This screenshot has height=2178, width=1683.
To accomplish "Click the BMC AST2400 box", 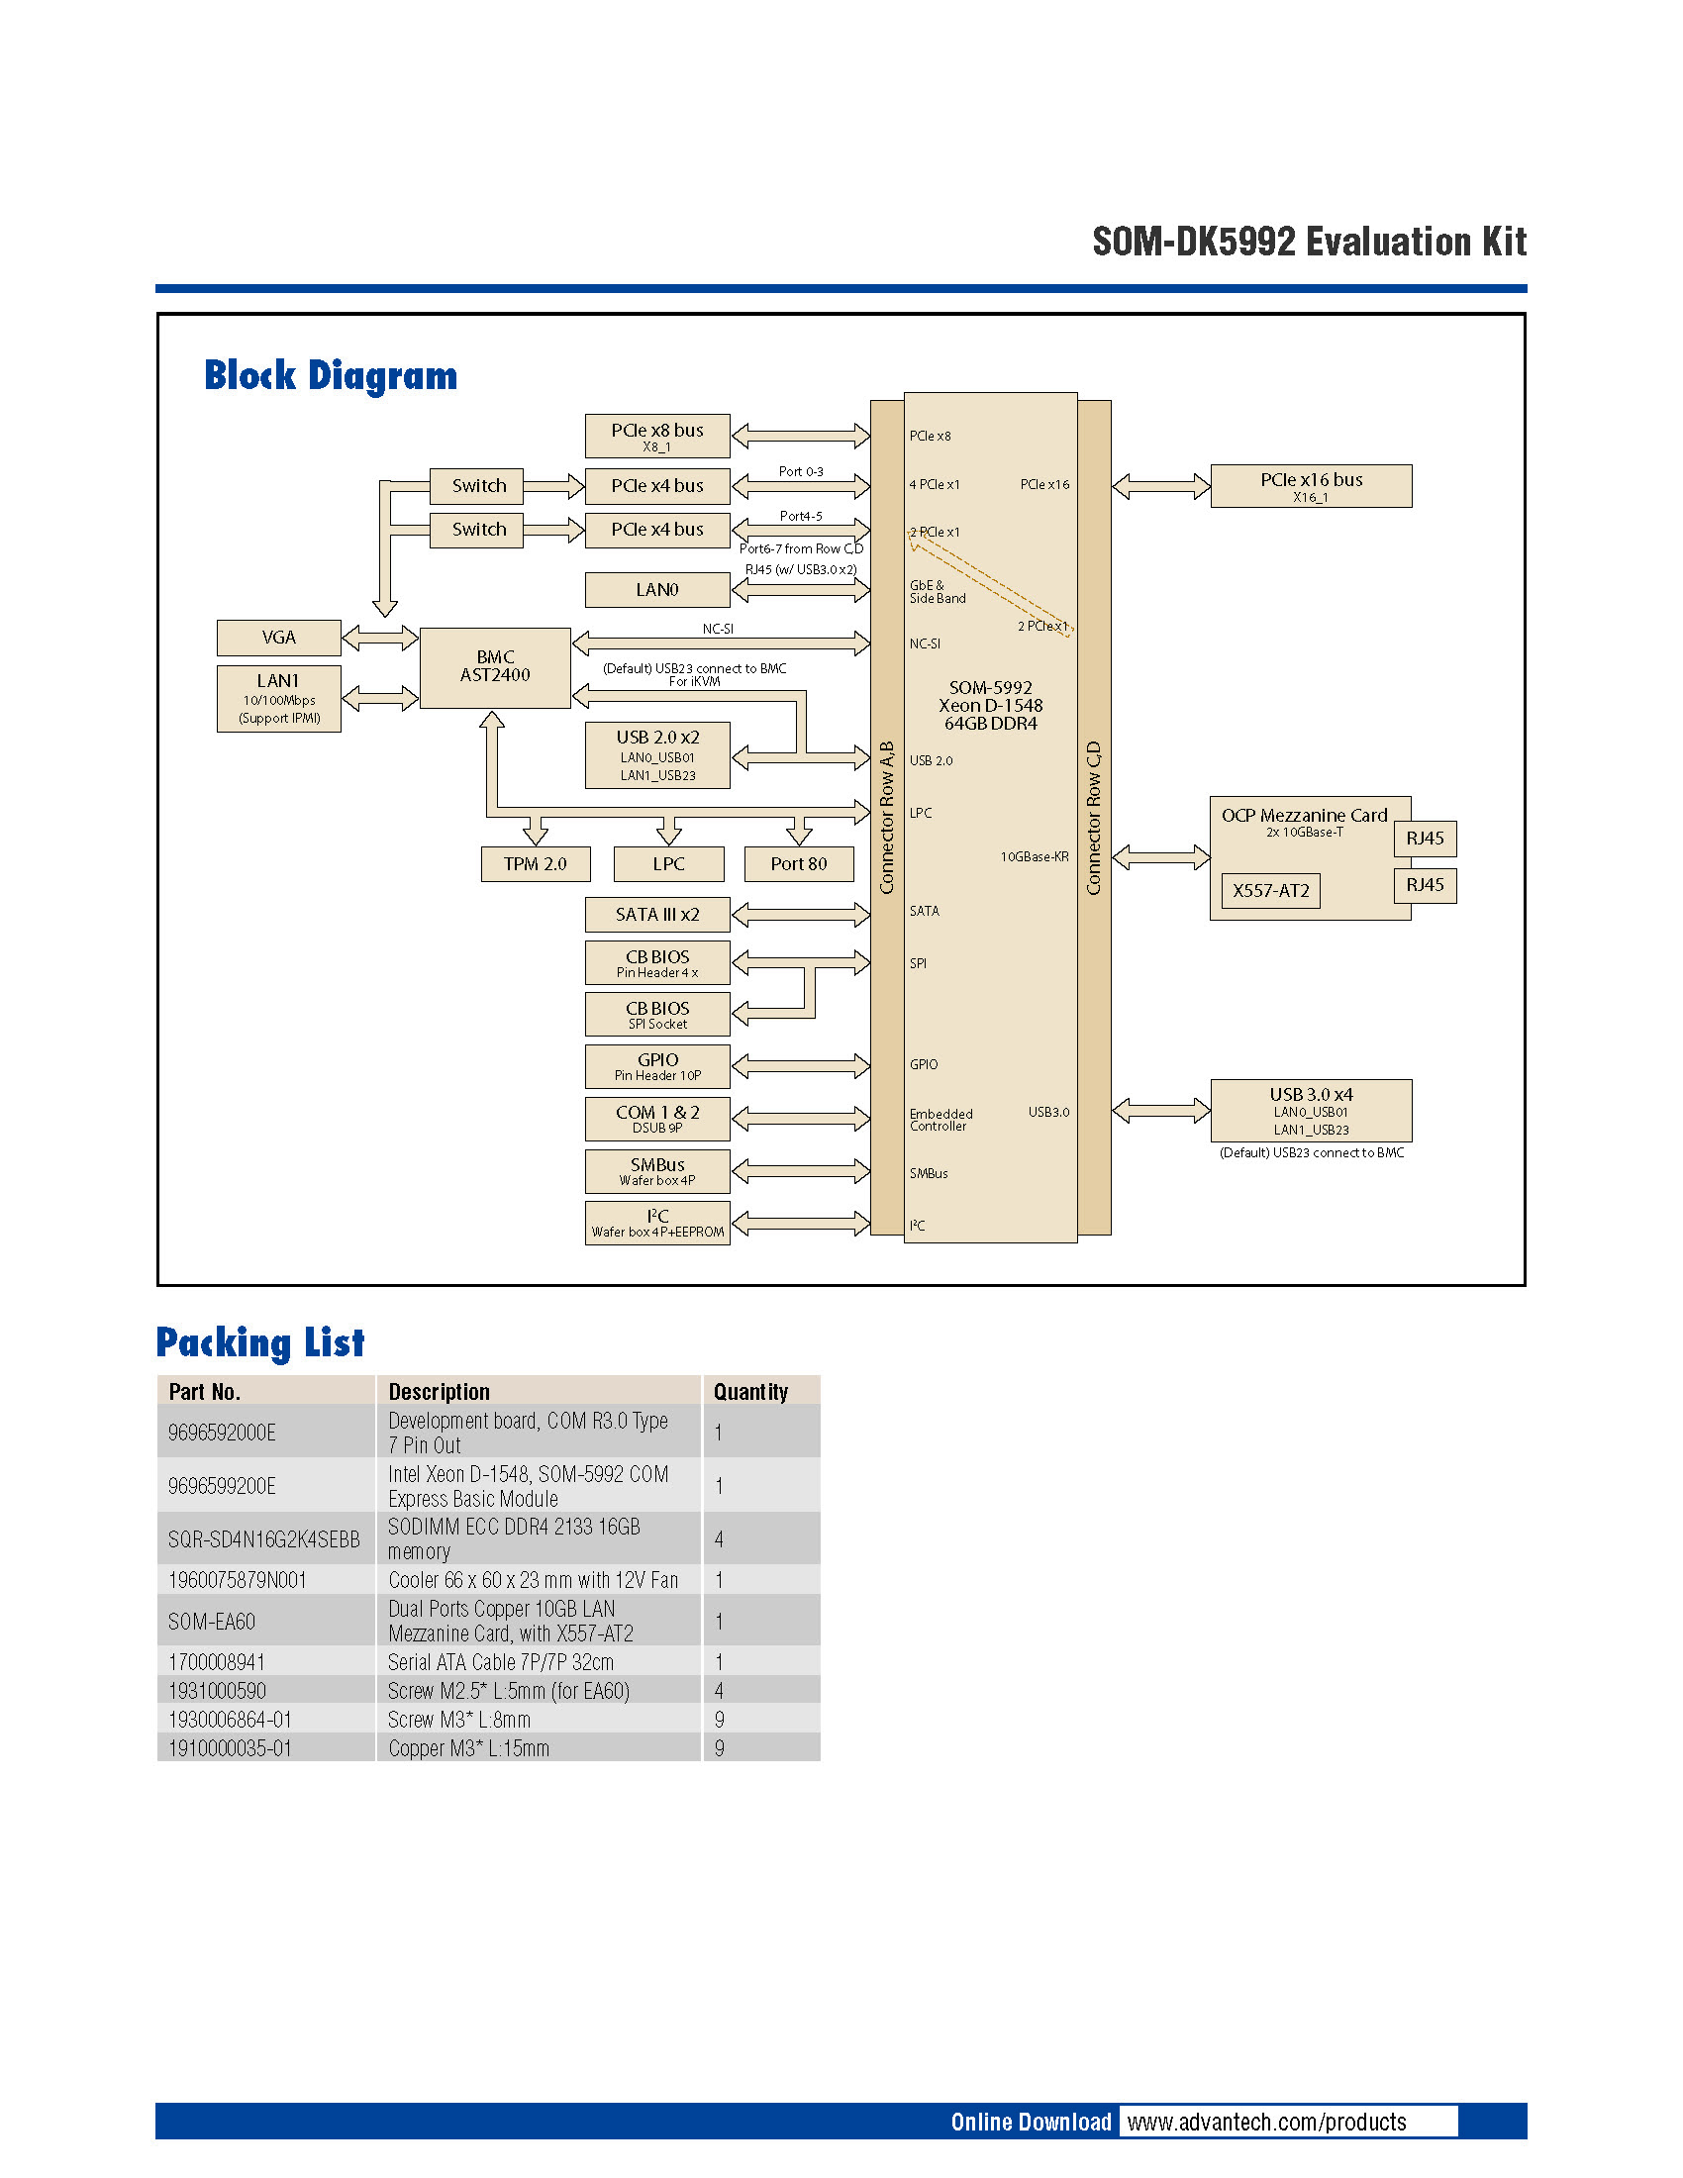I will (495, 667).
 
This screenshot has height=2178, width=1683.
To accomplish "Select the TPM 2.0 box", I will (535, 863).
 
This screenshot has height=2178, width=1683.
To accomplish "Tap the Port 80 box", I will (798, 863).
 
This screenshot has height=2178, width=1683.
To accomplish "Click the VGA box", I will (278, 638).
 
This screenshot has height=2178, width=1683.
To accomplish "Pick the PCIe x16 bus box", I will (1310, 486).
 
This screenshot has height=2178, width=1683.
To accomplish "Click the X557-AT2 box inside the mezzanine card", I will (1269, 891).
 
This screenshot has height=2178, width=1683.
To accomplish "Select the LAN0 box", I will (656, 589).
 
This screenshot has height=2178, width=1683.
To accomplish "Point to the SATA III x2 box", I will (656, 914).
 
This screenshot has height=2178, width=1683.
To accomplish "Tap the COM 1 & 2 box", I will (656, 1118).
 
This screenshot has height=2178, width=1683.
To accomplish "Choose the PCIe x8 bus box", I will (656, 436).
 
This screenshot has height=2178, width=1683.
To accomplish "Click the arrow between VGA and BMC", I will (380, 637).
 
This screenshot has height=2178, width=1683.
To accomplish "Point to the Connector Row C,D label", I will (1094, 818).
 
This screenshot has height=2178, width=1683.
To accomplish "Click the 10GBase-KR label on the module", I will (1034, 856).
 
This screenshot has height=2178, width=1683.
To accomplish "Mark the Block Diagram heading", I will (330, 376).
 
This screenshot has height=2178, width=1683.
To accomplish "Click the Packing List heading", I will (260, 1342).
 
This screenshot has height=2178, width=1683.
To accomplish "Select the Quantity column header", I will (749, 1391).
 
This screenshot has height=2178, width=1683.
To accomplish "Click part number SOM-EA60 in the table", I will (212, 1621).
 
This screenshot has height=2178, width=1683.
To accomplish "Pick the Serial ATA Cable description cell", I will (501, 1661).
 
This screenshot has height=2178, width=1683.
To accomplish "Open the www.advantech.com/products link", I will (1266, 2122).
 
